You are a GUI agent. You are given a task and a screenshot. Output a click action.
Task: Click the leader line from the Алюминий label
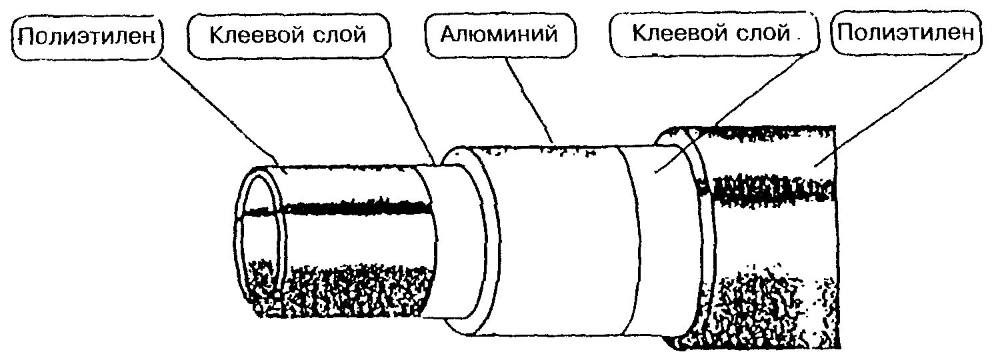(529, 100)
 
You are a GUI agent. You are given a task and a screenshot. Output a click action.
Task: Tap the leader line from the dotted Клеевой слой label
(736, 111)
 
